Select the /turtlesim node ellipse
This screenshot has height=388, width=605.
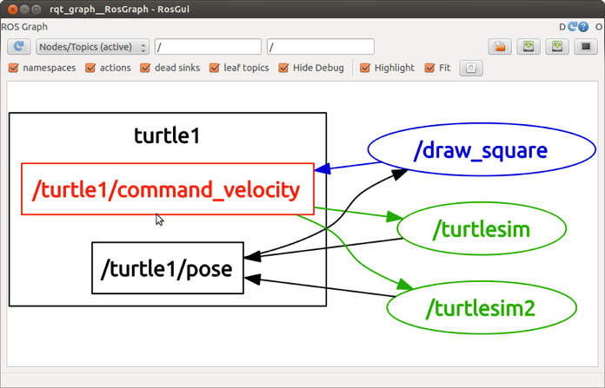(481, 229)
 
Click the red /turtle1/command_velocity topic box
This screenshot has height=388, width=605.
(167, 189)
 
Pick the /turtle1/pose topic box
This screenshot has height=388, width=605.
(167, 268)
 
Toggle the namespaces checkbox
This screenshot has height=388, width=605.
(14, 68)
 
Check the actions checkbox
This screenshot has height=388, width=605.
(90, 68)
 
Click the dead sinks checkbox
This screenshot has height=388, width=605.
(146, 68)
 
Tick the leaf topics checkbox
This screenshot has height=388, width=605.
(215, 68)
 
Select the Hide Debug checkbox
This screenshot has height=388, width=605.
(283, 68)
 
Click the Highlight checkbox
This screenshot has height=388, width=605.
(365, 68)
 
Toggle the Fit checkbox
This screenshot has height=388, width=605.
(429, 68)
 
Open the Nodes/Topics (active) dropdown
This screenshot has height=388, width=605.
(92, 47)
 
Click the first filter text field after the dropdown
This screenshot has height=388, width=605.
(208, 47)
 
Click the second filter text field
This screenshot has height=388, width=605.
(321, 47)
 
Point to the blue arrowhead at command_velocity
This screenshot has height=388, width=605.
(322, 169)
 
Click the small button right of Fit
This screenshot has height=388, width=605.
(470, 68)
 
